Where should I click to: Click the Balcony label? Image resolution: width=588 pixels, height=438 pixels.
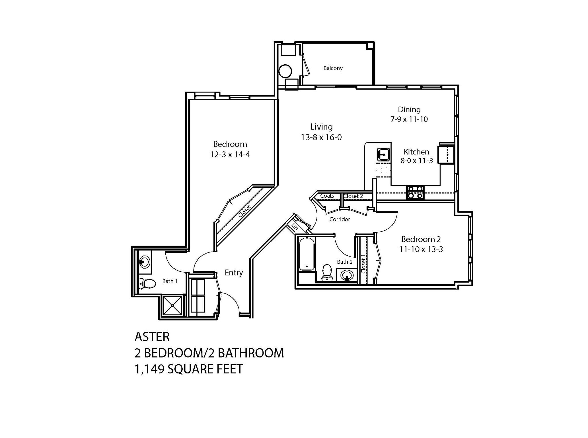333,68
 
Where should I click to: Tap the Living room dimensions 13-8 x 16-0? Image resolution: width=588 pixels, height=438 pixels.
321,137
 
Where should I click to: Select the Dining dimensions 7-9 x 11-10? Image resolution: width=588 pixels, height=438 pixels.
409,119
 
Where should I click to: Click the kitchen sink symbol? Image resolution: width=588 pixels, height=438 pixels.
383,154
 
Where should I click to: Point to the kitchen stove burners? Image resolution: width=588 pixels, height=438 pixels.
415,192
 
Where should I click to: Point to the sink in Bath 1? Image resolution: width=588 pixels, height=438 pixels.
144,262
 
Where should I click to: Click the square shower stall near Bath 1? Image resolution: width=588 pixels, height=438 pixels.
172,306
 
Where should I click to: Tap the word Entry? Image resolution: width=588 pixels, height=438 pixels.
234,273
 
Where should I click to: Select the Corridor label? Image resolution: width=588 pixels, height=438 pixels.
340,219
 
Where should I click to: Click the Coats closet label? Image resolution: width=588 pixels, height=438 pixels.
327,196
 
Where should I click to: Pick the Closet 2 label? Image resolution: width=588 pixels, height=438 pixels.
353,196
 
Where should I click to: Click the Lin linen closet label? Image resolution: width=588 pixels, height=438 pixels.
295,227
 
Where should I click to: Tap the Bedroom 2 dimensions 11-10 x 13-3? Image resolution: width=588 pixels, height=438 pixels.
421,249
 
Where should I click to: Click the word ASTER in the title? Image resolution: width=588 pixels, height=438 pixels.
152,337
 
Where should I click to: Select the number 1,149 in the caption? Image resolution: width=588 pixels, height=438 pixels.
149,369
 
